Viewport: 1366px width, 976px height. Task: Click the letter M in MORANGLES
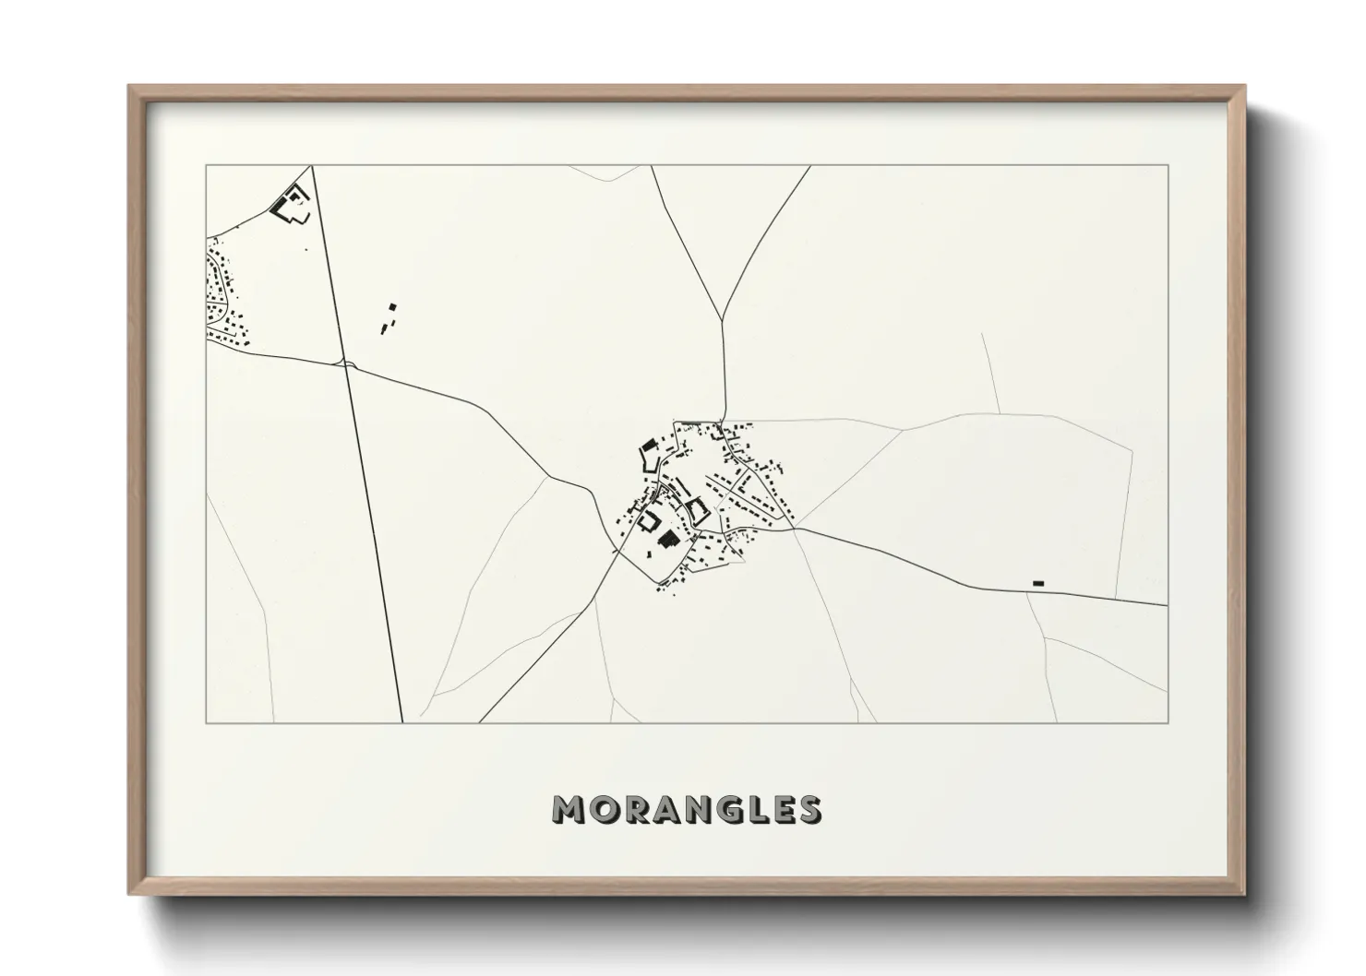[x=567, y=810]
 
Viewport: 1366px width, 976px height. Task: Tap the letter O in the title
[x=601, y=810]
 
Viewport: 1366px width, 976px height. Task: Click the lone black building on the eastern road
[x=1037, y=583]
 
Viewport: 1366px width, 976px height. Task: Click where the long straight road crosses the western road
[x=344, y=364]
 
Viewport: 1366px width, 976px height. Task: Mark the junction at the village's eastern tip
[x=795, y=529]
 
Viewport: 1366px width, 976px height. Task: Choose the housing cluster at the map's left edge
[x=224, y=295]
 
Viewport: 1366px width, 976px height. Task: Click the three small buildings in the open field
[x=388, y=318]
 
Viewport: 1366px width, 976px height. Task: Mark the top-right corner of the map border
[x=1168, y=165]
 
